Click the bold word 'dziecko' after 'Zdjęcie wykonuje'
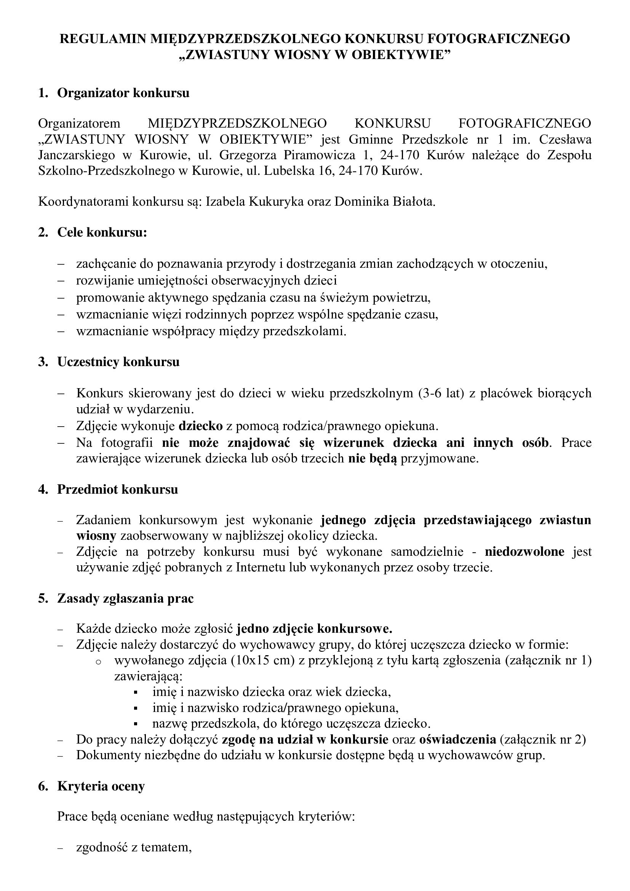click(x=201, y=426)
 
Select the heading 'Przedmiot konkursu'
click(x=118, y=489)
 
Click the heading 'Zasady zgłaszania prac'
click(x=125, y=598)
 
